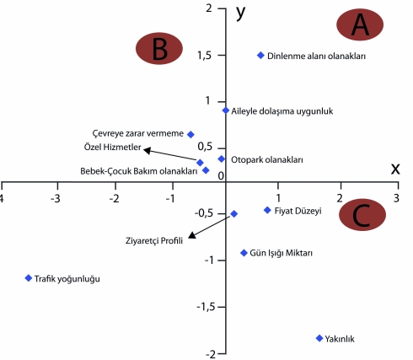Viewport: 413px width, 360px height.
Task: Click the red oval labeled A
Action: point(360,24)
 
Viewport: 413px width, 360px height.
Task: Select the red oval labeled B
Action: point(159,48)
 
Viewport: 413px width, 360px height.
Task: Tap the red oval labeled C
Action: point(362,215)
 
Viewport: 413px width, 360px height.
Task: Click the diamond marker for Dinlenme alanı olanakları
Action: point(260,56)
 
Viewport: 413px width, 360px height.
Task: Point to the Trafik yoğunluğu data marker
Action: point(29,278)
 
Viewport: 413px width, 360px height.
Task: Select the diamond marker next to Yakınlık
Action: point(319,338)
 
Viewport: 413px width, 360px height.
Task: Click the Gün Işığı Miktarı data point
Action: point(244,253)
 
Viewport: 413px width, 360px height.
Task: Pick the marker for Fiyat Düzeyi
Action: point(267,210)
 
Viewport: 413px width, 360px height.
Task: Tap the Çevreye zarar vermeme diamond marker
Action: point(190,134)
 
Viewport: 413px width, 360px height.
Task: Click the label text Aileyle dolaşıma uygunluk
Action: point(282,111)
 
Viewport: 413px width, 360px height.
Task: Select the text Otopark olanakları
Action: point(267,160)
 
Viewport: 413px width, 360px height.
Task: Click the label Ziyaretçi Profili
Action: point(154,241)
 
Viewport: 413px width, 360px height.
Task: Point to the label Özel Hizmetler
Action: point(112,147)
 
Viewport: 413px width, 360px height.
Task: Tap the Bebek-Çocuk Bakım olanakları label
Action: point(139,171)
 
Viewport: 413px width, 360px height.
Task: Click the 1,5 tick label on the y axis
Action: point(204,56)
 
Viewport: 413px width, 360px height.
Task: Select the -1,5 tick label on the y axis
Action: point(206,307)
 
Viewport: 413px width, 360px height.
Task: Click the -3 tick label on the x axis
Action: point(56,199)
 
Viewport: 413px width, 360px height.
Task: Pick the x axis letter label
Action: point(395,169)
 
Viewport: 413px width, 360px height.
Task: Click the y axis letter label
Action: point(240,13)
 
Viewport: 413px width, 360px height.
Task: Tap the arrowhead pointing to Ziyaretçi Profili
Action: point(191,235)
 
